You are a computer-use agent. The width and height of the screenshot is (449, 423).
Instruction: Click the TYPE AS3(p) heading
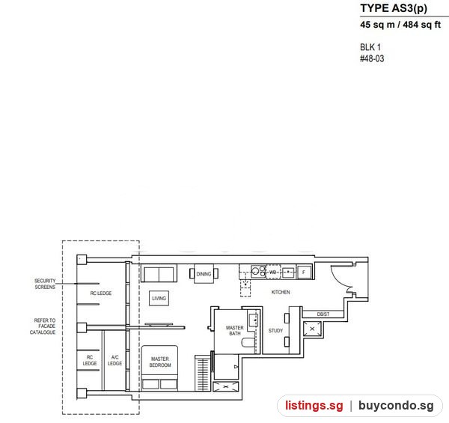tap(394, 8)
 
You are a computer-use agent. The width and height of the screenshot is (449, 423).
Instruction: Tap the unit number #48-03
tap(372, 58)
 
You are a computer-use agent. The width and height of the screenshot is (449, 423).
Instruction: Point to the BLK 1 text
tap(370, 47)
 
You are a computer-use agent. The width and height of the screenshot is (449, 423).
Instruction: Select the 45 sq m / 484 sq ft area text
tap(400, 25)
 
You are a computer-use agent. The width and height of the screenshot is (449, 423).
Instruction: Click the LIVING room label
tap(159, 298)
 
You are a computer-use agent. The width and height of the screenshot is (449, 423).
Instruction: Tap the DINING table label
tap(204, 274)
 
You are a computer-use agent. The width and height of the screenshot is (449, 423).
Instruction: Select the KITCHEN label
tap(281, 292)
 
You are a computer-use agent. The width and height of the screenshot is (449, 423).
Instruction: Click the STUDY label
tap(275, 330)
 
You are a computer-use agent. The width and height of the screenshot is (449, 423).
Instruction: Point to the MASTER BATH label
tap(235, 330)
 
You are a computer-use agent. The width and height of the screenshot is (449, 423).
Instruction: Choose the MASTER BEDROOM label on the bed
tap(160, 362)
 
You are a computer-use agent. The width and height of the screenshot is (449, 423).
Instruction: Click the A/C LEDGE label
tap(114, 360)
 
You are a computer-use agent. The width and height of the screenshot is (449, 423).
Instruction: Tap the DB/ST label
tap(323, 314)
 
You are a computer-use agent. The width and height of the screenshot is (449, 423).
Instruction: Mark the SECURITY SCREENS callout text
tap(45, 284)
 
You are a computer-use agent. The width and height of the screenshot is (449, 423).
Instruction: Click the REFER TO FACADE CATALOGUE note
tap(43, 326)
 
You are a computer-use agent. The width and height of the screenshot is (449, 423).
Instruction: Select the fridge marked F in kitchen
tap(304, 272)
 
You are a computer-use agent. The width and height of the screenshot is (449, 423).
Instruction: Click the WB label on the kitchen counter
tap(273, 272)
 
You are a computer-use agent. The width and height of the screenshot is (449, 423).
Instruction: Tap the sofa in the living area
tap(159, 274)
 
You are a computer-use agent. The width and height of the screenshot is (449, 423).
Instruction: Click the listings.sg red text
tap(314, 406)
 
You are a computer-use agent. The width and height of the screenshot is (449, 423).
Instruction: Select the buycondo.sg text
tap(396, 406)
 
